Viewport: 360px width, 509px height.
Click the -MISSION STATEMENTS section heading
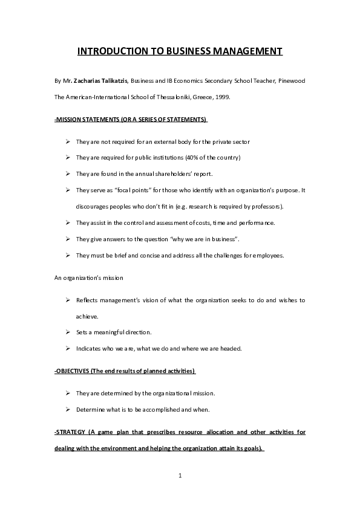coord(131,119)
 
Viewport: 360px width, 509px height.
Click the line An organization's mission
coord(88,277)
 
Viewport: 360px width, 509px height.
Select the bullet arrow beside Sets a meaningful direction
coord(67,332)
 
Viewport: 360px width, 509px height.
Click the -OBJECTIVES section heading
coord(125,371)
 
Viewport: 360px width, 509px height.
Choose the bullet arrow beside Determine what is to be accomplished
coord(67,409)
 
